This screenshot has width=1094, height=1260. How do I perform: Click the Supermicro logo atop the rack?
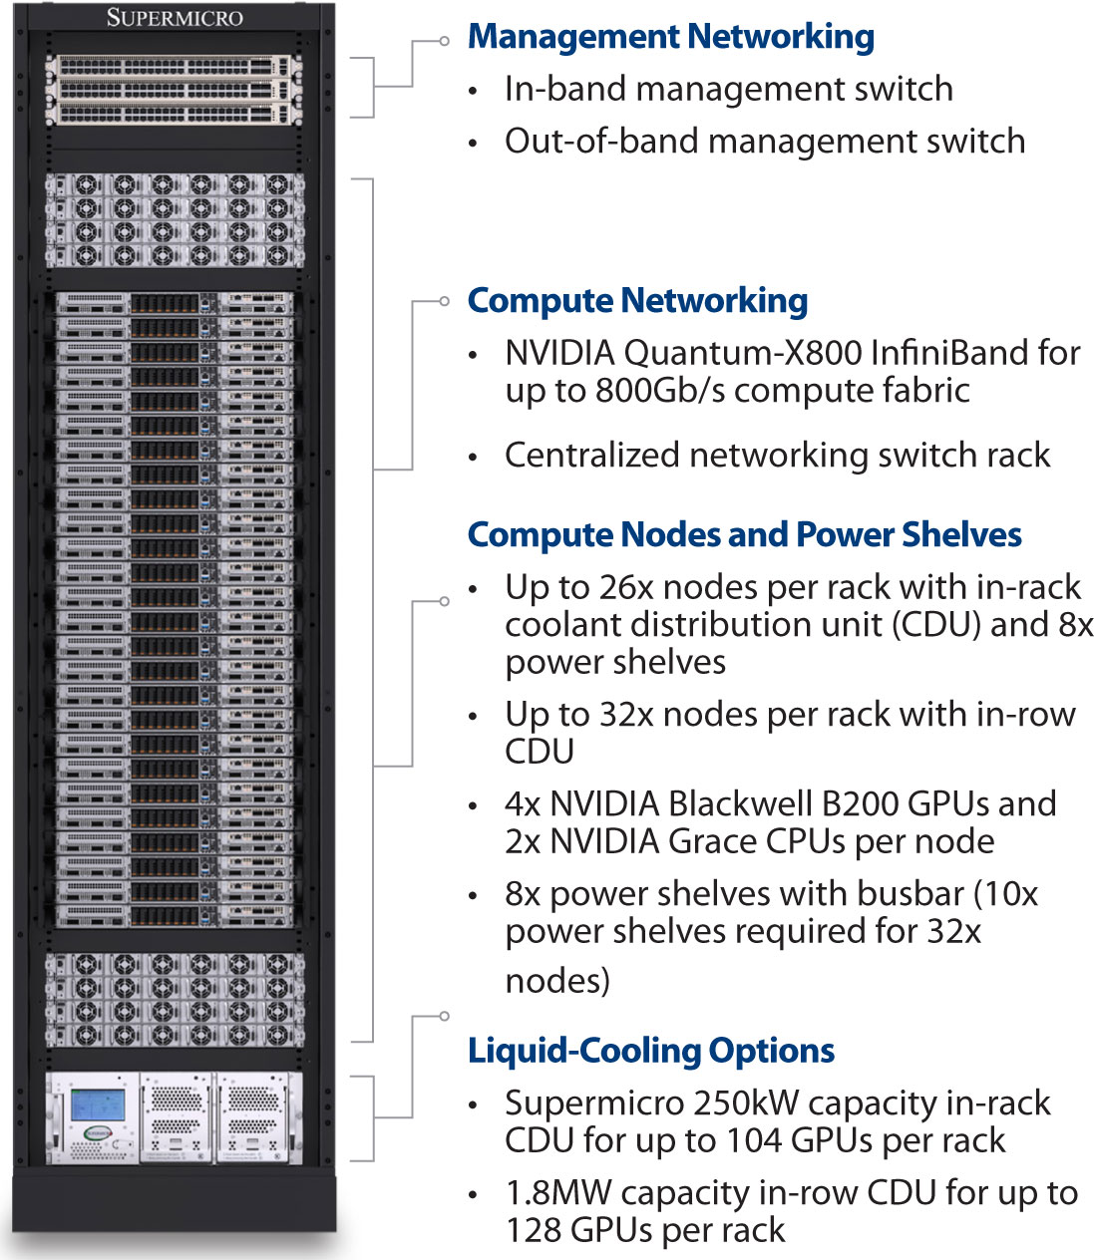pos(175,17)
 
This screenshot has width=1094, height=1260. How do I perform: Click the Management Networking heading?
pos(670,37)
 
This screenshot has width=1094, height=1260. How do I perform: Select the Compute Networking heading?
pos(637,300)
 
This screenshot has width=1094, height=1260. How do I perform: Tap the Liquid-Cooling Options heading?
pos(651,1050)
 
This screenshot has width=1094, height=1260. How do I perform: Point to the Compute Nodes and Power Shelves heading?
pos(744,534)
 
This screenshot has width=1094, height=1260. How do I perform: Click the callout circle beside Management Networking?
pos(445,41)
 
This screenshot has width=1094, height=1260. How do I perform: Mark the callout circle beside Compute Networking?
pos(445,301)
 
